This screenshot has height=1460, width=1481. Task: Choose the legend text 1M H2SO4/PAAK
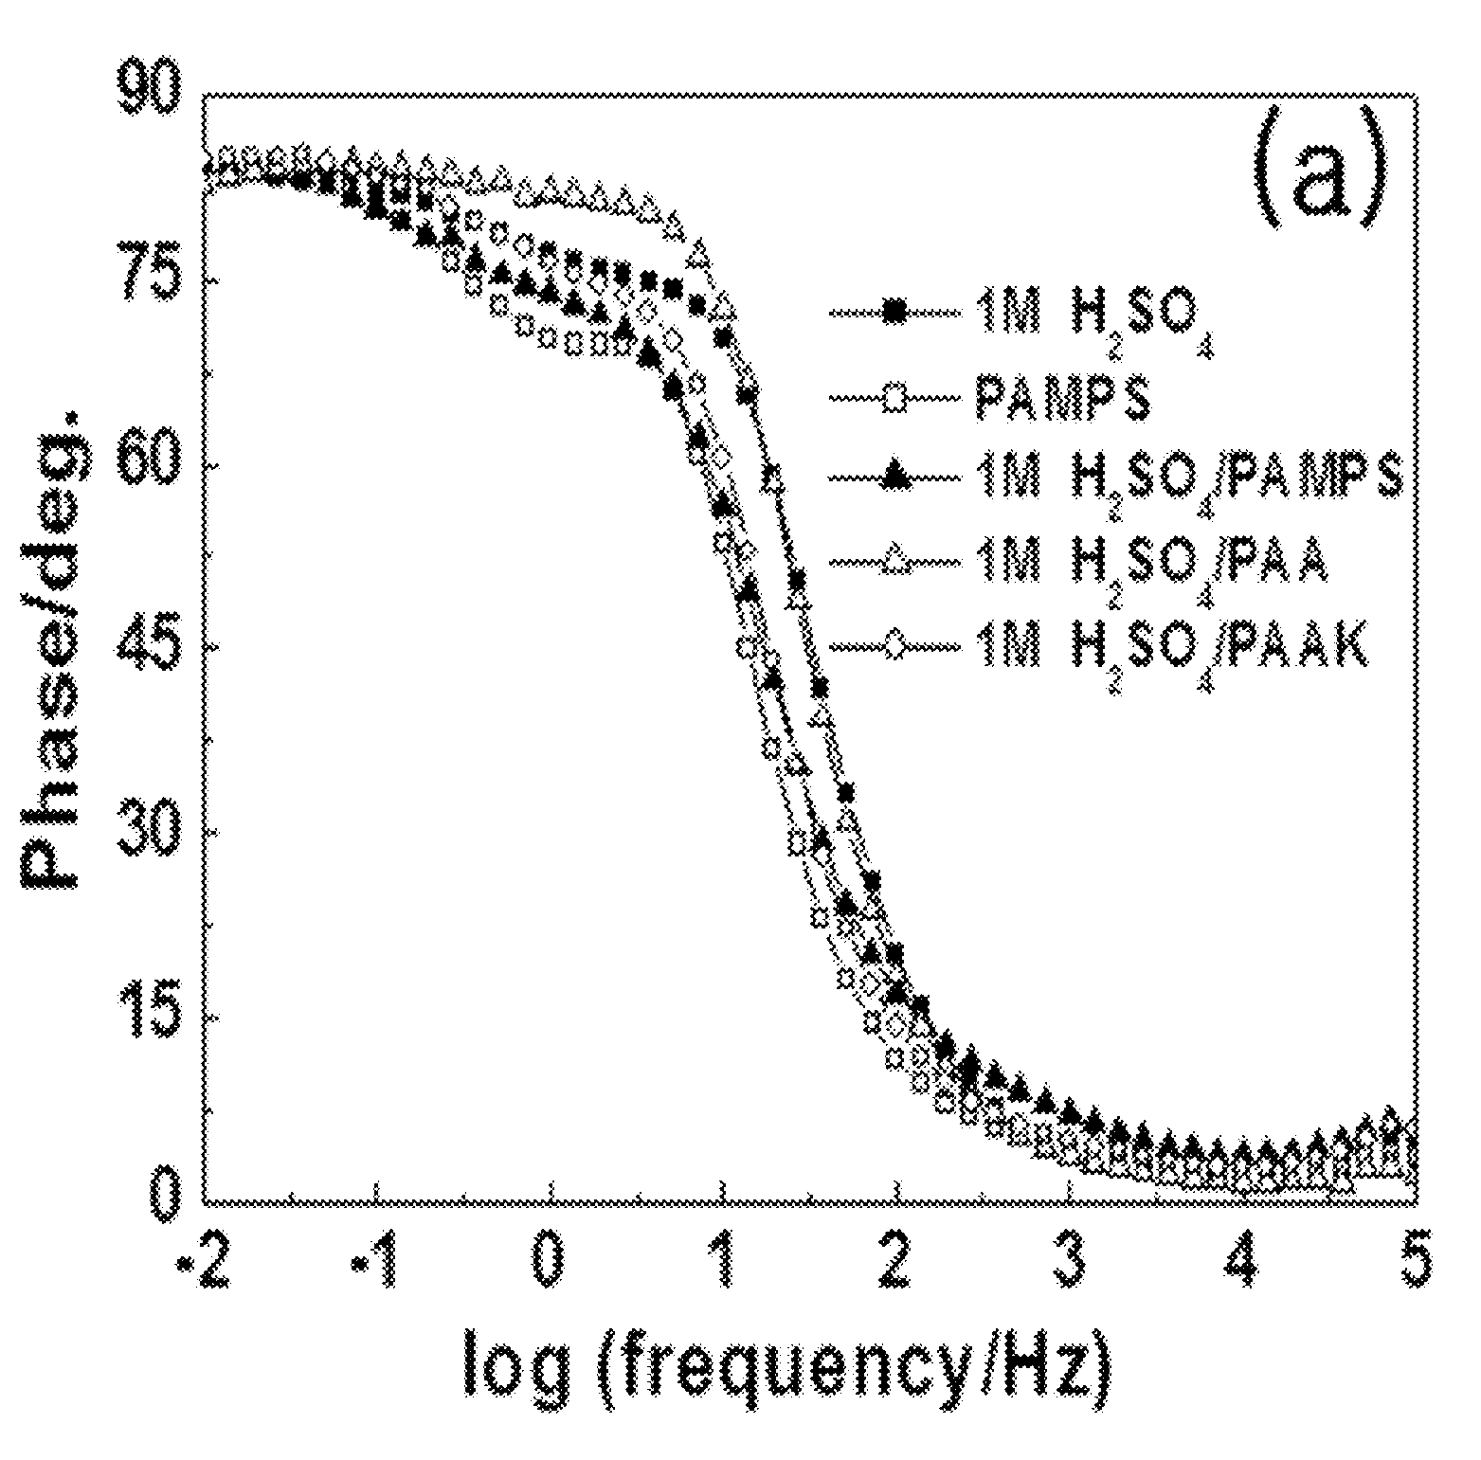pos(1172,654)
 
